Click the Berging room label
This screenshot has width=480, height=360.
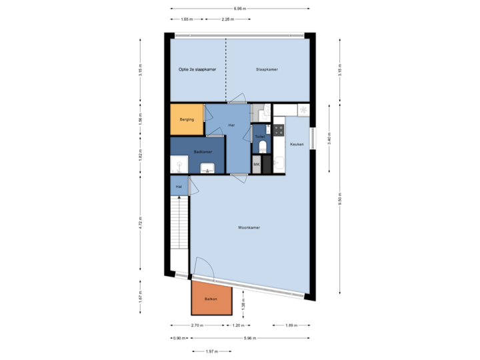[x=187, y=119]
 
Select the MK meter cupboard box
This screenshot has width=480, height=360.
[x=257, y=165]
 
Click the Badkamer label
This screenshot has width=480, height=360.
[x=202, y=151]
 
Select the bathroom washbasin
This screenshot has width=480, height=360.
[x=209, y=167]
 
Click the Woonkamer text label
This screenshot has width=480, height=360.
[x=249, y=227]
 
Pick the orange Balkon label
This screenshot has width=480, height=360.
[x=211, y=299]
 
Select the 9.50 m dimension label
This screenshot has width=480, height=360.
[x=340, y=200]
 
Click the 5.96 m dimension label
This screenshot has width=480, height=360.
[x=248, y=338]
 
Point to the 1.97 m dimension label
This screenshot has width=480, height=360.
[x=211, y=351]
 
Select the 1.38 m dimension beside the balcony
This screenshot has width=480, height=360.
[x=244, y=302]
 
